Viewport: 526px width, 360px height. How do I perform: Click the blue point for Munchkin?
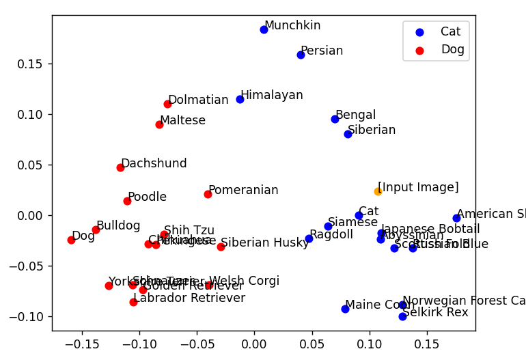[x=264, y=29]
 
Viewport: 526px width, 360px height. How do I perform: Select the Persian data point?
[x=301, y=55]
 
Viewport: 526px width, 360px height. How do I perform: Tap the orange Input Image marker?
[x=378, y=191]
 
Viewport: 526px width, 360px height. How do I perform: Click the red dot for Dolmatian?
[x=167, y=104]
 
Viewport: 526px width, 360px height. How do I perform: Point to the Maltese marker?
[x=159, y=124]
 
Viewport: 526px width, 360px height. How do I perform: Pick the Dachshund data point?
[x=120, y=167]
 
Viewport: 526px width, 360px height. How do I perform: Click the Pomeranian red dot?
[x=208, y=194]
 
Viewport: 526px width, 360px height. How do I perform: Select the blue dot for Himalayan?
[x=240, y=99]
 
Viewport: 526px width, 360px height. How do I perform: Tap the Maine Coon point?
[x=345, y=309]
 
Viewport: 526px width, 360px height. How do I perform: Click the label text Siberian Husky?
[x=265, y=243]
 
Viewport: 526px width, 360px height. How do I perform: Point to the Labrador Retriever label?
[x=189, y=298]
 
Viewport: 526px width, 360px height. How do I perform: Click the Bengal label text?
[x=355, y=115]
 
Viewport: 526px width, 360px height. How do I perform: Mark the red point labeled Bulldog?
[x=96, y=230]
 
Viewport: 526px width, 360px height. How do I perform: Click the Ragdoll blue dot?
[x=309, y=238]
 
